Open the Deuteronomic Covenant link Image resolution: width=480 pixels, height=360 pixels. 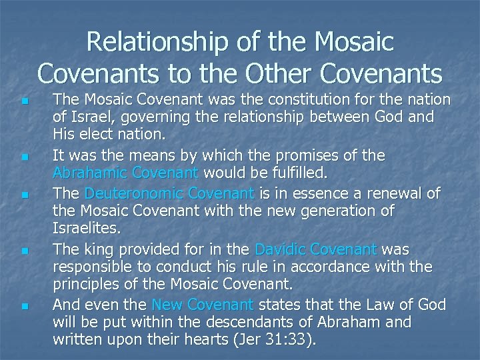click(x=169, y=193)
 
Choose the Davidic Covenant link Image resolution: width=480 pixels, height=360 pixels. click(x=317, y=249)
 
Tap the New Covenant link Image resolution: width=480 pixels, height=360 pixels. click(x=203, y=305)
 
